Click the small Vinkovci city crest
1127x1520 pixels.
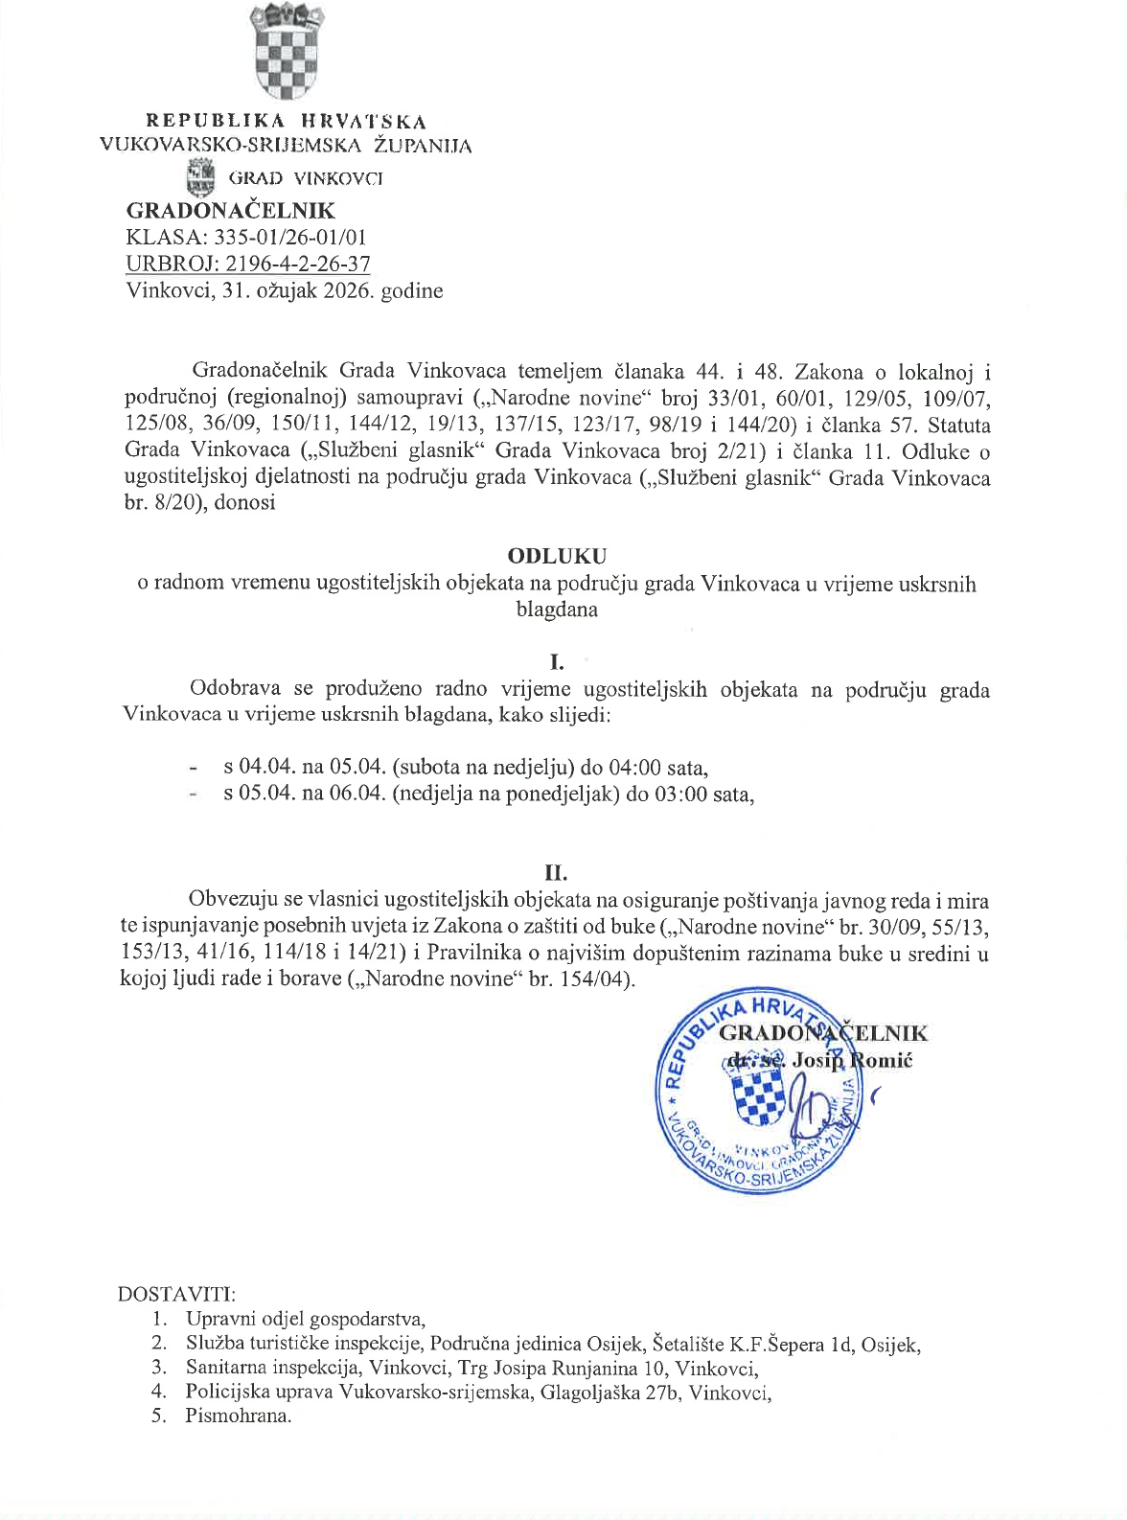click(x=201, y=177)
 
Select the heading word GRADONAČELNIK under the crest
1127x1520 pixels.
click(x=231, y=211)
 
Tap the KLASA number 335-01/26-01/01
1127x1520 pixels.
click(x=290, y=238)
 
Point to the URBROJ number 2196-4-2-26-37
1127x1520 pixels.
click(x=298, y=264)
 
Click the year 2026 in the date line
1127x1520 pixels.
click(x=347, y=290)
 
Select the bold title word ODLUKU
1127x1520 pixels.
click(x=557, y=556)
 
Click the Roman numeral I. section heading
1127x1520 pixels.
click(x=557, y=662)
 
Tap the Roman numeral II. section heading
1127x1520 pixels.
click(x=556, y=872)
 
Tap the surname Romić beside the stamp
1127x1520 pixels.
click(x=882, y=1060)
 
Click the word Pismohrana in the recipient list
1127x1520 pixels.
click(x=238, y=1416)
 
